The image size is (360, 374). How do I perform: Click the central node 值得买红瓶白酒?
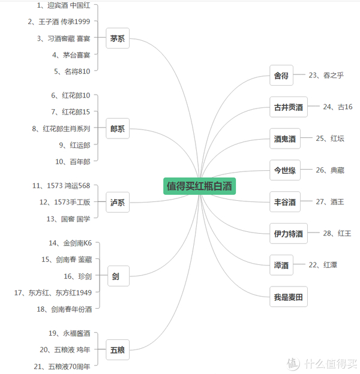coord(199,186)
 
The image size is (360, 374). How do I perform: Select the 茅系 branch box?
coord(118,39)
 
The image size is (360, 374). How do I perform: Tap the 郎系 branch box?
coord(118,129)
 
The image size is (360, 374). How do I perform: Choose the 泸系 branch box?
coord(118,203)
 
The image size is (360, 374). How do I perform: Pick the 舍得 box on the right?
coord(281,76)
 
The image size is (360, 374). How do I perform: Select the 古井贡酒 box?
coord(289,108)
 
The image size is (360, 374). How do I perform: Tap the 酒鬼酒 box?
coord(285,139)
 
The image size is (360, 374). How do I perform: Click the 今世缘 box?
coord(285,171)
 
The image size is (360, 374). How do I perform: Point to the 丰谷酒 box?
coord(285,203)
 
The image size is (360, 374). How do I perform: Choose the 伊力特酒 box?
coord(289,234)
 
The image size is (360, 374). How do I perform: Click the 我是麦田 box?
coord(289,297)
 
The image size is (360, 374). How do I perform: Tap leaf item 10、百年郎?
coord(73,162)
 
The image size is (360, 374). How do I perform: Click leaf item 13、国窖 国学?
coord(68,219)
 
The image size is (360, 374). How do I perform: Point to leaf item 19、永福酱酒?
coord(70,333)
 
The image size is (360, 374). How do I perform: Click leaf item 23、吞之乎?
coord(326,76)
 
